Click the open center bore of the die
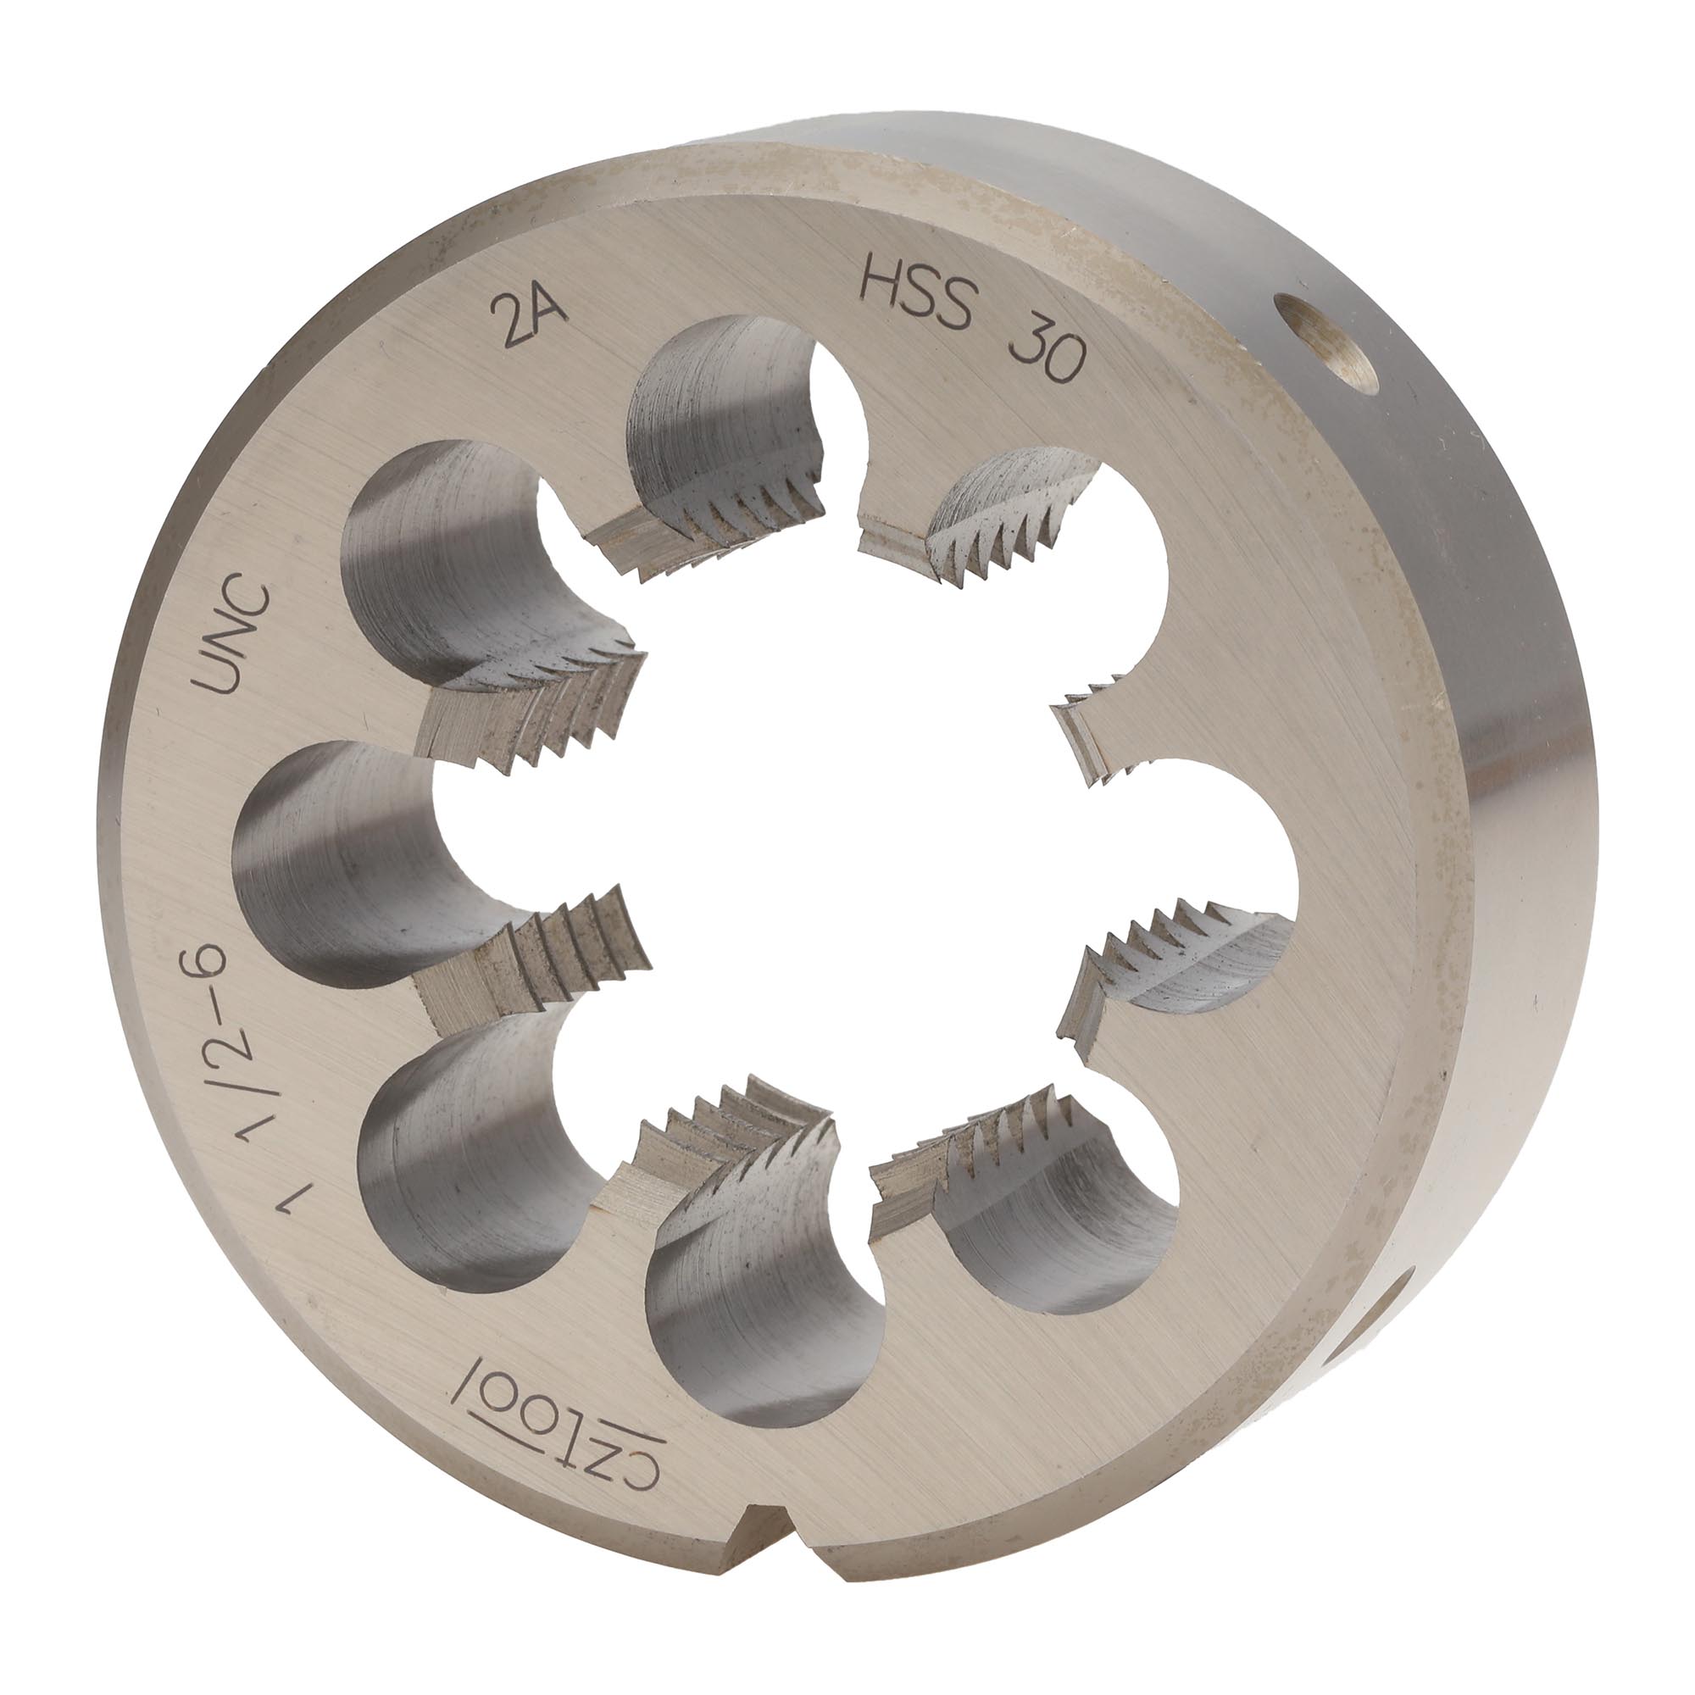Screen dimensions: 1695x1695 [847, 842]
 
